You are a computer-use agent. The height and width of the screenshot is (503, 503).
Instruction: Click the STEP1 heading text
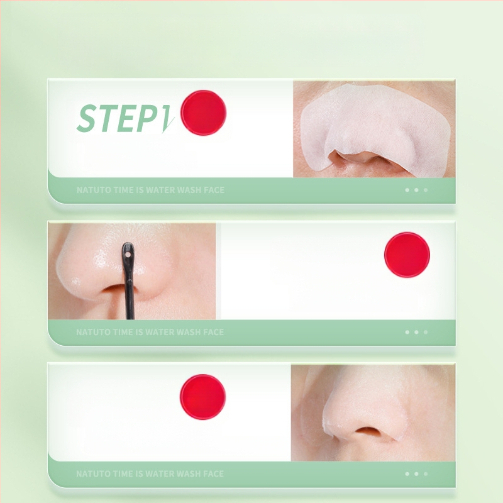125,118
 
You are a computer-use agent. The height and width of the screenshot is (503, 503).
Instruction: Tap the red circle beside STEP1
203,113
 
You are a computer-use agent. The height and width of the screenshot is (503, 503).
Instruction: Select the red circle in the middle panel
407,255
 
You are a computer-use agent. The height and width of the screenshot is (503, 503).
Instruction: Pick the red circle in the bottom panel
202,397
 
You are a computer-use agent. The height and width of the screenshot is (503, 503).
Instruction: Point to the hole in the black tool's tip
128,255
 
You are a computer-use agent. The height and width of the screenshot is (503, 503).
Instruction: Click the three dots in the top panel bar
416,190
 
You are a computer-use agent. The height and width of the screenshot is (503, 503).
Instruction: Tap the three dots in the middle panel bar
416,332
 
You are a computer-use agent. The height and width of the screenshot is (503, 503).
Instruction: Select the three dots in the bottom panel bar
416,474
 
